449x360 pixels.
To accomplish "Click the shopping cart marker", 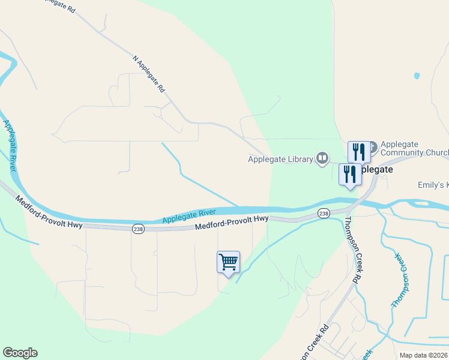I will (228, 263).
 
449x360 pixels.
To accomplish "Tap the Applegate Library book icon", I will (322, 158).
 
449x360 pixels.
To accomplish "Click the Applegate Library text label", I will (280, 159).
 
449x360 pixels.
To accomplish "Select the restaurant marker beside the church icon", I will (358, 151).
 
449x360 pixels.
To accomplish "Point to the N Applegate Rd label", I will (149, 74).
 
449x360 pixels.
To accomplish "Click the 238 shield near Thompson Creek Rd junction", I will (324, 214).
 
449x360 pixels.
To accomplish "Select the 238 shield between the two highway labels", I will (137, 229).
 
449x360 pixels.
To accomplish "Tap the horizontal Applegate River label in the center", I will (189, 216).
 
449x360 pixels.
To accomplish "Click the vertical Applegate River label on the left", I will (9, 146).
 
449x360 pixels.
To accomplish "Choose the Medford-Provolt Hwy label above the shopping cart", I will (232, 223).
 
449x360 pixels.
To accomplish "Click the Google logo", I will (20, 353).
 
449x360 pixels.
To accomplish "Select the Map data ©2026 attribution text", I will (423, 355).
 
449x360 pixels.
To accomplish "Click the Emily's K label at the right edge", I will (433, 186).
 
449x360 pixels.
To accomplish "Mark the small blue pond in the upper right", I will (416, 76).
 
